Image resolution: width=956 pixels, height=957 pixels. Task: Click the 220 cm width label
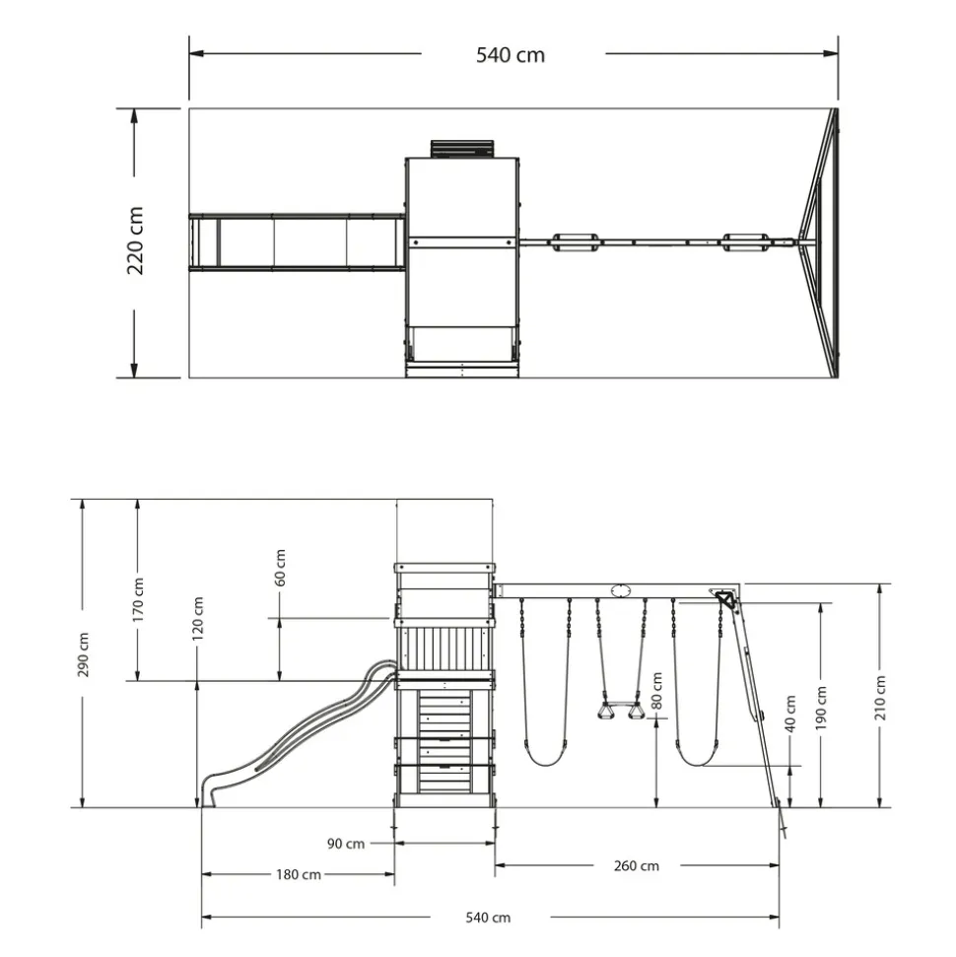[x=136, y=240]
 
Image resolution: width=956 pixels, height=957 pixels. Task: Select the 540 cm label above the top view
[x=511, y=55]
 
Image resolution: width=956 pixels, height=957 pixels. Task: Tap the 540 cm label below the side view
[x=488, y=918]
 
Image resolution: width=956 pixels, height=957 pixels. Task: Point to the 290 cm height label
[x=84, y=654]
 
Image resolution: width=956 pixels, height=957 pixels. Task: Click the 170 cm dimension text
[x=139, y=600]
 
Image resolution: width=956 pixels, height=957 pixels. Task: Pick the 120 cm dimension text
[x=198, y=619]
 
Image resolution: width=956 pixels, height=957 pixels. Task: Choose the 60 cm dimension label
[x=280, y=568]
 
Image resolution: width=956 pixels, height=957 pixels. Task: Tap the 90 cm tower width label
[x=346, y=844]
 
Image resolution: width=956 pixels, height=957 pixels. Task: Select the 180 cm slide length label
[x=299, y=874]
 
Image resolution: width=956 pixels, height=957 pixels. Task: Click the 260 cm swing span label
[x=636, y=866]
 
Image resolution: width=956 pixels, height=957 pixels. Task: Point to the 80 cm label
[x=656, y=691]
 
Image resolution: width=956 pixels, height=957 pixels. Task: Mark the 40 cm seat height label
[x=790, y=714]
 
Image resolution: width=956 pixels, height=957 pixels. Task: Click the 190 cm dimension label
[x=821, y=708]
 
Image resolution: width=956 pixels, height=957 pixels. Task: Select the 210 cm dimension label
[x=880, y=698]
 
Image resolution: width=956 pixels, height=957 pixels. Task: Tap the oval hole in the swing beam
[x=620, y=590]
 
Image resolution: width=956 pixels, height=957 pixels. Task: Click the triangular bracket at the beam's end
[x=724, y=598]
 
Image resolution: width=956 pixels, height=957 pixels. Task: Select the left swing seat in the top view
[x=575, y=242]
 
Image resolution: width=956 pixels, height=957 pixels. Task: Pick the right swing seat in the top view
[x=744, y=242]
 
